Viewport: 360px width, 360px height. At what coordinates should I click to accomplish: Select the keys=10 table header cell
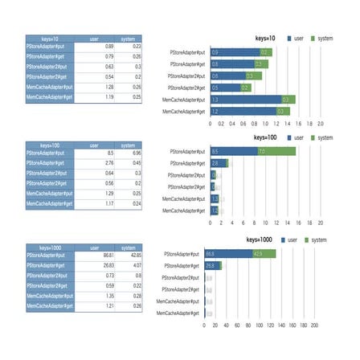point(50,38)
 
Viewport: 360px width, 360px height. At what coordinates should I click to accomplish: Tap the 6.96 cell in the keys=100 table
point(127,152)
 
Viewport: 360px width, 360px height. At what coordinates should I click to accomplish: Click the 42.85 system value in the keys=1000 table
point(127,254)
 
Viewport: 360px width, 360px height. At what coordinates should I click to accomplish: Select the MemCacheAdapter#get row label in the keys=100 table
point(50,204)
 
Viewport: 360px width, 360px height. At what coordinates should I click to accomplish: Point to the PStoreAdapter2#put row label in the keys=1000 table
point(50,275)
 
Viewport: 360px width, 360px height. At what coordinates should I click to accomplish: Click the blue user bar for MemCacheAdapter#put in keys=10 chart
point(241,100)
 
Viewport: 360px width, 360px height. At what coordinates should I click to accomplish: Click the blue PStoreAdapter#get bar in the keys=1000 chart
point(213,265)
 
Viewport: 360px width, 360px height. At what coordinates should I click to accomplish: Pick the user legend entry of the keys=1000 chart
point(297,239)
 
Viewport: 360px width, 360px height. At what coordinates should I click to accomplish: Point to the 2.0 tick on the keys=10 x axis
point(320,124)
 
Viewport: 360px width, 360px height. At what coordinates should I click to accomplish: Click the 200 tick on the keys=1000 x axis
point(314,325)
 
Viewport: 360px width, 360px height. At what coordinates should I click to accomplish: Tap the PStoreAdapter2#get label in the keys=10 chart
point(187,88)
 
